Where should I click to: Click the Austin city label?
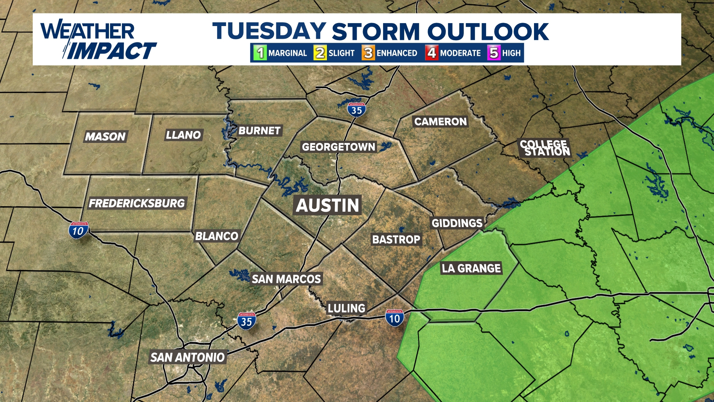click(x=328, y=205)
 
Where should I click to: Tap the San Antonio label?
click(x=187, y=357)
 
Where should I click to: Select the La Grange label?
click(x=471, y=268)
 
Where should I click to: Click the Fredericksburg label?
click(x=137, y=203)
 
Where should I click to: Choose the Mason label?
click(x=105, y=137)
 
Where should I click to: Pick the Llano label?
click(x=183, y=135)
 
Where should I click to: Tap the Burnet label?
click(x=260, y=131)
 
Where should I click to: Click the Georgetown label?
click(x=338, y=147)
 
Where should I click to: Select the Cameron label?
click(x=440, y=122)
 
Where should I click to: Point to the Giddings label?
click(x=457, y=223)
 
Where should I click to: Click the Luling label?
click(x=347, y=308)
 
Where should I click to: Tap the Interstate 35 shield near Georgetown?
click(x=357, y=110)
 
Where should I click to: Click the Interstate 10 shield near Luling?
click(x=395, y=318)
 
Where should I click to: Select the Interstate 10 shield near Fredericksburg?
click(x=78, y=231)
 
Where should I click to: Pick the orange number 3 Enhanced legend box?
click(x=368, y=53)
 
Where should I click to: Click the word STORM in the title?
click(x=376, y=32)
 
